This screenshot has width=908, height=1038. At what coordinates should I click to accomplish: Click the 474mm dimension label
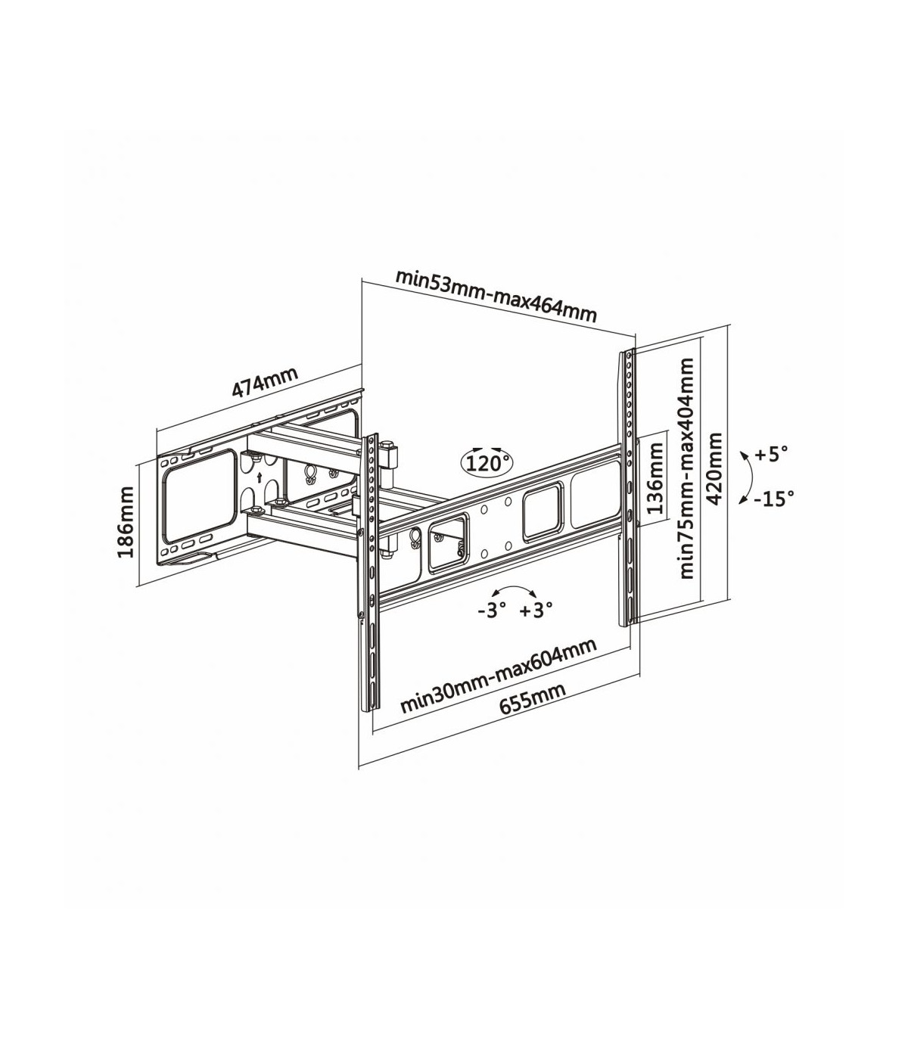[264, 381]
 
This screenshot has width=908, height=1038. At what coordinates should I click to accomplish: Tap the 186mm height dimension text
[126, 522]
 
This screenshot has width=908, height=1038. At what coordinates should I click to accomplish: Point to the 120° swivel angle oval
[487, 463]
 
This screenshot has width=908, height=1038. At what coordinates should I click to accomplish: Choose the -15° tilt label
[773, 499]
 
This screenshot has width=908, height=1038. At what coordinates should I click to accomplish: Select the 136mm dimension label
[655, 478]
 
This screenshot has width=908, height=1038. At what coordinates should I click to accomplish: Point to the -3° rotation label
[492, 610]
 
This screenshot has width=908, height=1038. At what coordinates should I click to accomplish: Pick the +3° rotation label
[536, 610]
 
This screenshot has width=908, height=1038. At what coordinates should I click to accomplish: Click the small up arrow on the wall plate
[260, 477]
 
